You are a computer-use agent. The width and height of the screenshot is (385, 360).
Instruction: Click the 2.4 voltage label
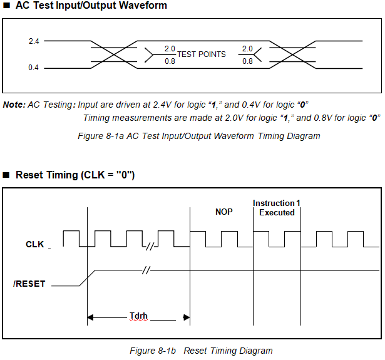tap(34, 41)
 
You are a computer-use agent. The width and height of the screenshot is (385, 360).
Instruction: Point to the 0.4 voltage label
tap(34, 68)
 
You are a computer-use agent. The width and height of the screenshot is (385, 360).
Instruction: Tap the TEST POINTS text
tap(201, 54)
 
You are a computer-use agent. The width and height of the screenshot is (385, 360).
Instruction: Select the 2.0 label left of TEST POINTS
tap(170, 49)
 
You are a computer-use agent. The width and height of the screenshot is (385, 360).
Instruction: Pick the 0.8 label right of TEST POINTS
tap(247, 61)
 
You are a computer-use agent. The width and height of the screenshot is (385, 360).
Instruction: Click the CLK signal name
tap(35, 244)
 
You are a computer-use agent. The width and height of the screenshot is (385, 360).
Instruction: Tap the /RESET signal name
tap(29, 284)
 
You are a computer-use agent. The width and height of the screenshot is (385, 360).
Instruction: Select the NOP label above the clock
tap(223, 212)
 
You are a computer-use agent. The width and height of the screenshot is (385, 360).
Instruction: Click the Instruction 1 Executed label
tap(277, 208)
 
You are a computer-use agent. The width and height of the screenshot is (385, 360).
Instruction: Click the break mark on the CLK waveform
tap(150, 246)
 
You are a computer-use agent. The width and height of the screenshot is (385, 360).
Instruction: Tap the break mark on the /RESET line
tap(146, 270)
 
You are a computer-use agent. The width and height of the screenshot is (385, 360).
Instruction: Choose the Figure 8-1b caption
tap(201, 351)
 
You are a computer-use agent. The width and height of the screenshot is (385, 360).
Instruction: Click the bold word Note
tap(14, 104)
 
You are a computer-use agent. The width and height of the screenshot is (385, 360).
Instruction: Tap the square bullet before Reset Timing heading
tap(7, 175)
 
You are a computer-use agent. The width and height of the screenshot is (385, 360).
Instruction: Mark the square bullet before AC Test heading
tap(7, 6)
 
